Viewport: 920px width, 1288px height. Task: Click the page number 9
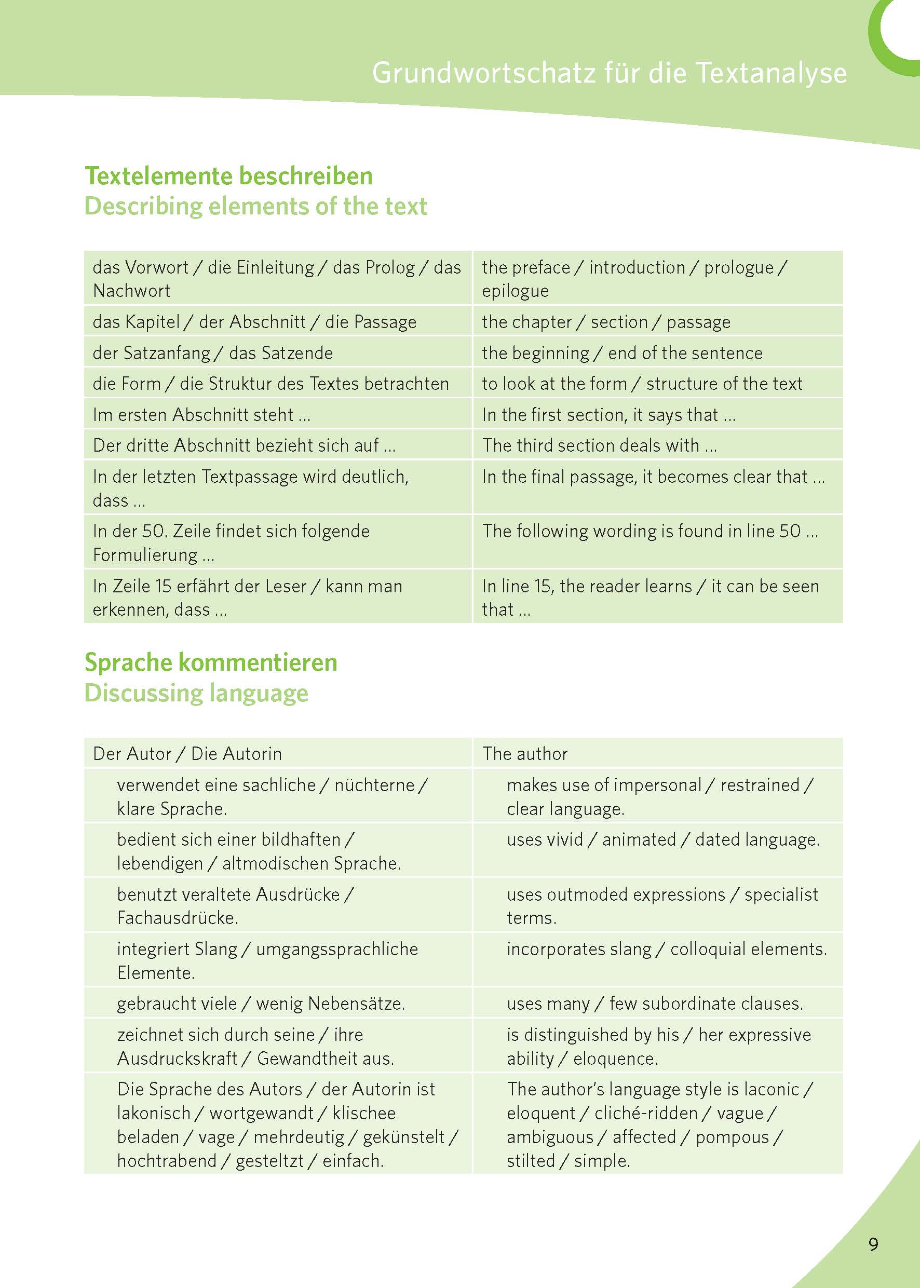coord(873,1244)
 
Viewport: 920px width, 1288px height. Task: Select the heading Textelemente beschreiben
coord(229,176)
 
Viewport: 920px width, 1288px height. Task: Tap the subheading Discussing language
coord(197,693)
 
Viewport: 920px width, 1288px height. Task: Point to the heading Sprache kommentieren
coord(211,662)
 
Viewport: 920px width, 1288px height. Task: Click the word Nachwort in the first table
coord(131,291)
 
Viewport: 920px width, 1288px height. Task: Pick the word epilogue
coord(516,291)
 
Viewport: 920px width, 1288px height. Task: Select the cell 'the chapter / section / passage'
coord(606,322)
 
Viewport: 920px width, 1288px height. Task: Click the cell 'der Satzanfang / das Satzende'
coord(213,353)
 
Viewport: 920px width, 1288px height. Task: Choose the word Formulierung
coord(145,555)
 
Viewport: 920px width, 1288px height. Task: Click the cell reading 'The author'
coord(525,754)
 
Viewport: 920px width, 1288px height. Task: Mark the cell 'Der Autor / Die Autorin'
coord(187,754)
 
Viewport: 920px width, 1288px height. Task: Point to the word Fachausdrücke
coord(178,917)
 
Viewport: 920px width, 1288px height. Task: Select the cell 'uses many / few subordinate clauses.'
coord(655,1004)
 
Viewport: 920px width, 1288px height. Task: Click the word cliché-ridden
coord(646,1113)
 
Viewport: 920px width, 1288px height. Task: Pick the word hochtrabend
coord(167,1161)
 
